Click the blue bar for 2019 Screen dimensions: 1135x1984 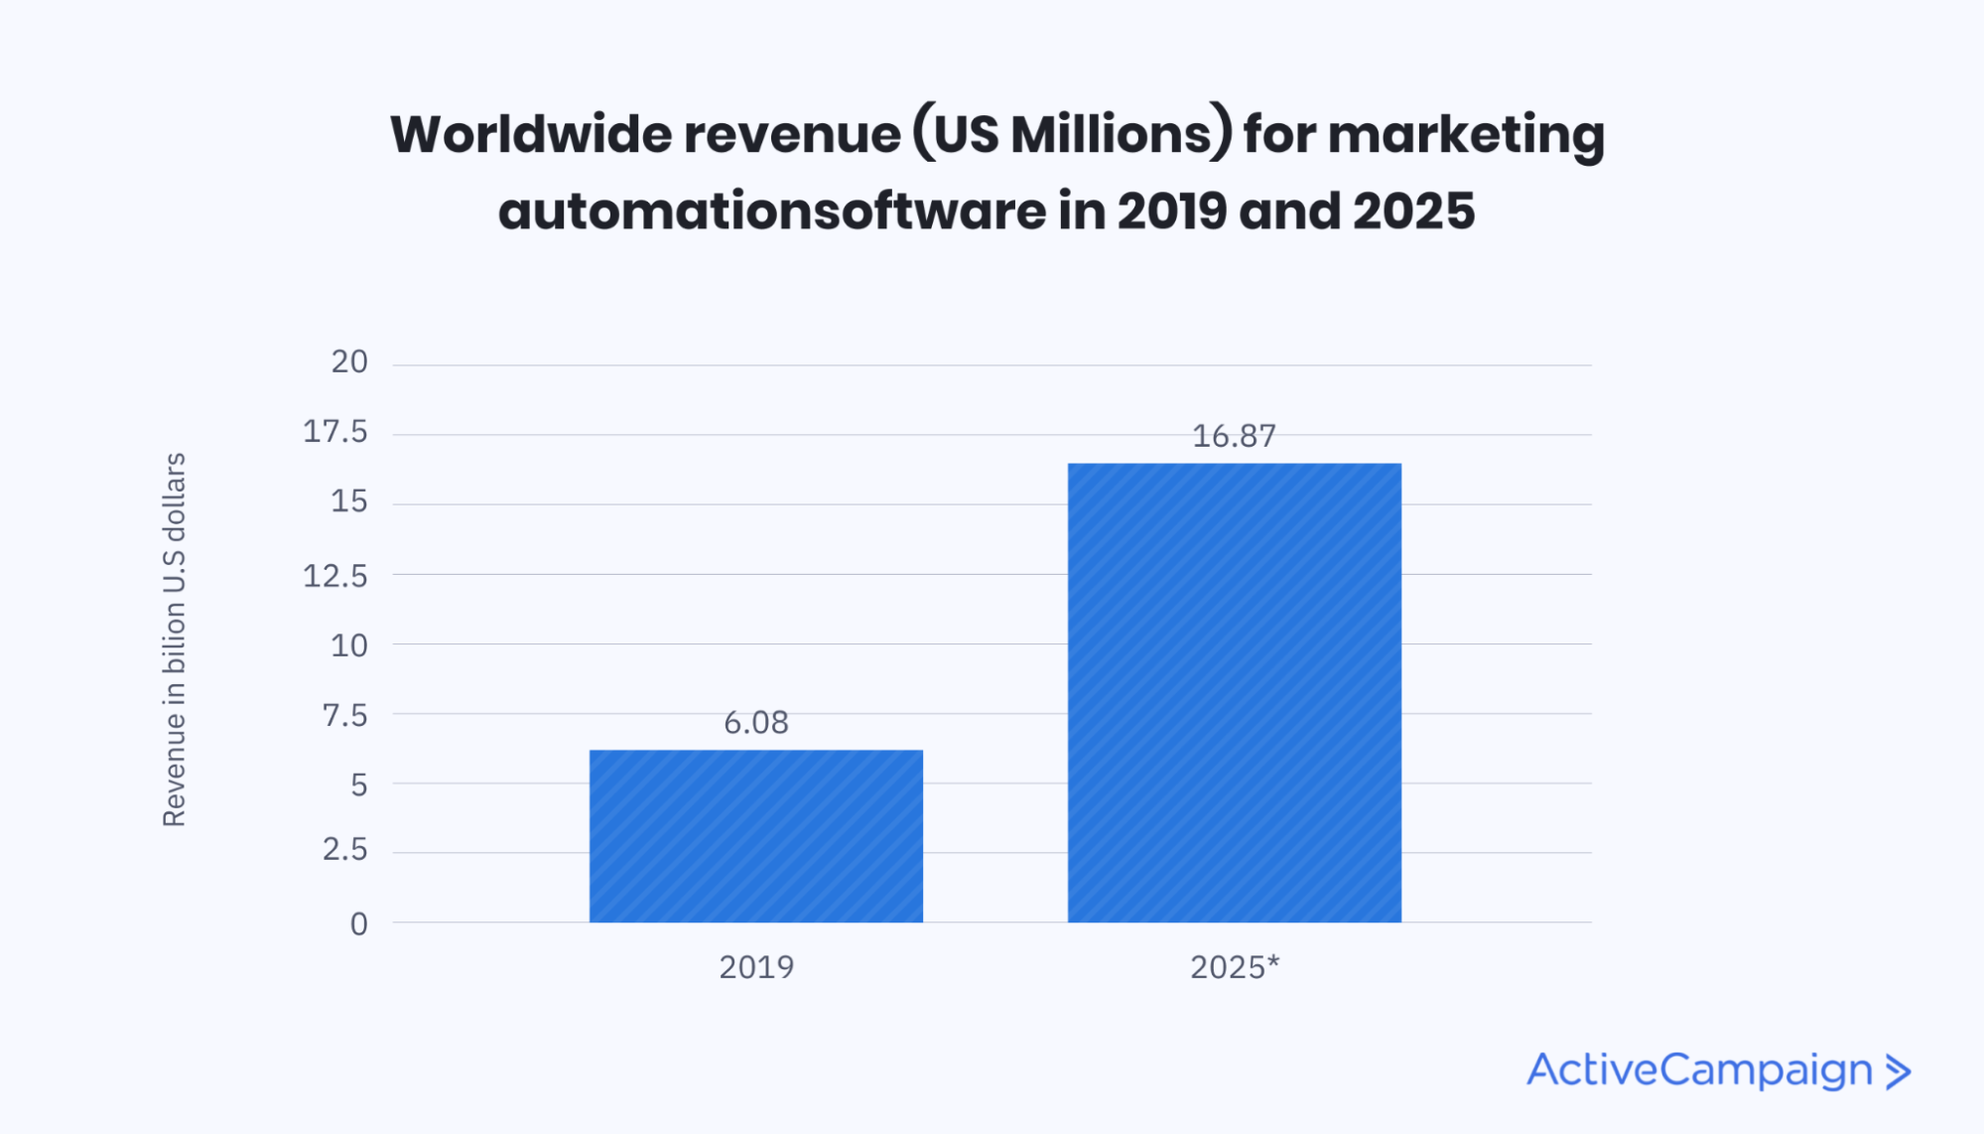pyautogui.click(x=755, y=836)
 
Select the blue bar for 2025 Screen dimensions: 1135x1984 pyautogui.click(x=1234, y=692)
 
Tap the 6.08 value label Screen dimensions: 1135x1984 pyautogui.click(x=755, y=722)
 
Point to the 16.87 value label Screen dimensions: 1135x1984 pyautogui.click(x=1234, y=435)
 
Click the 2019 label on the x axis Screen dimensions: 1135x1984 pyautogui.click(x=756, y=966)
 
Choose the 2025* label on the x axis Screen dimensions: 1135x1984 pyautogui.click(x=1235, y=966)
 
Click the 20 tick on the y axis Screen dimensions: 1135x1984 pyautogui.click(x=349, y=361)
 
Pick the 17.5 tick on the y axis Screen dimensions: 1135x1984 pyautogui.click(x=335, y=431)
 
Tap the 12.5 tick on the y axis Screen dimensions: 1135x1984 pyautogui.click(x=335, y=575)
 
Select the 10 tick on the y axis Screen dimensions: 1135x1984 pyautogui.click(x=349, y=645)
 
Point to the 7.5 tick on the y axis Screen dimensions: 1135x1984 pyautogui.click(x=344, y=715)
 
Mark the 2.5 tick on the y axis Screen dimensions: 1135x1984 pyautogui.click(x=344, y=849)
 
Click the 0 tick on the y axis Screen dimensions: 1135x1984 pyautogui.click(x=358, y=923)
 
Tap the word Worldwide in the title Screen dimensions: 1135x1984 pyautogui.click(x=530, y=134)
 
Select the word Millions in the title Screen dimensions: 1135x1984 pyautogui.click(x=1113, y=134)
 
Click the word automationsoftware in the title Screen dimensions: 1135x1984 pyautogui.click(x=771, y=211)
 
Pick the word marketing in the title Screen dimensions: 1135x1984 pyautogui.click(x=1466, y=134)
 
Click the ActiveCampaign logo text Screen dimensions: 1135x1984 pyautogui.click(x=1699, y=1070)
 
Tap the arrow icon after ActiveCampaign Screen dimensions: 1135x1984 pyautogui.click(x=1898, y=1071)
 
